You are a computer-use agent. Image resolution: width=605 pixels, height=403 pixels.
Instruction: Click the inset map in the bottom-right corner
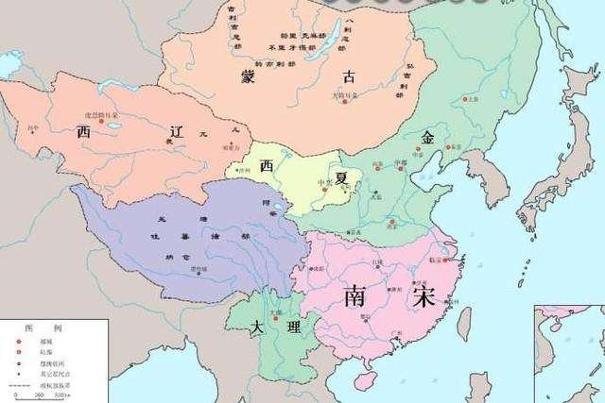[569, 354]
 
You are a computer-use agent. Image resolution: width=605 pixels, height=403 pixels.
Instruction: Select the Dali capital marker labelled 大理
[274, 317]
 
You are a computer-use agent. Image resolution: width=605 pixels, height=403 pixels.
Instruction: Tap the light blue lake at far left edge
[8, 64]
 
